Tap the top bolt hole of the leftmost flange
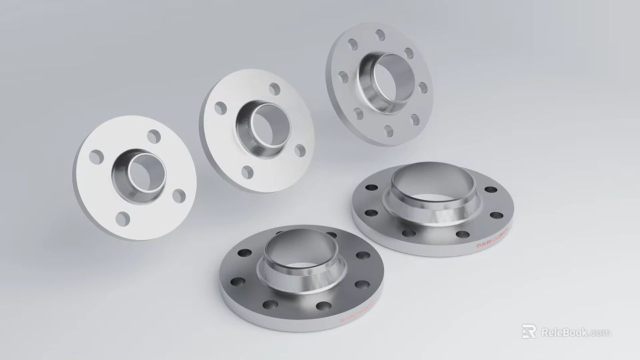tap(154, 137)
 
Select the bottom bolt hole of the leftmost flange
tap(123, 218)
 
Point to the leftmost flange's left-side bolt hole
tap(97, 157)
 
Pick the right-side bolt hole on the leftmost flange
tap(179, 196)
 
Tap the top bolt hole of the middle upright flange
tap(274, 89)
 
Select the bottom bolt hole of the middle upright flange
tap(248, 171)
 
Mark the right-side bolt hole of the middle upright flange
tap(300, 151)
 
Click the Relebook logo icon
tap(529, 331)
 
